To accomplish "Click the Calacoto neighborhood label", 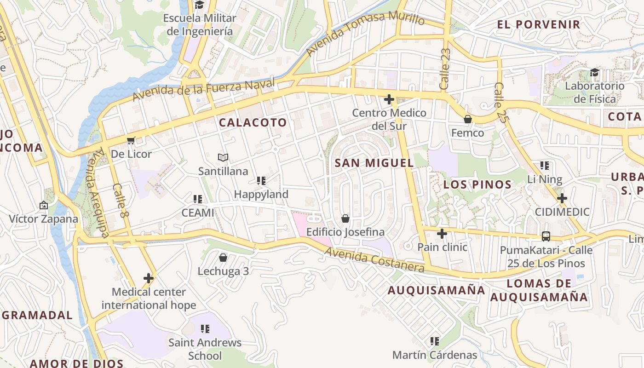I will (x=253, y=122).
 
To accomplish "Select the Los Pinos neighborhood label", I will (x=477, y=184).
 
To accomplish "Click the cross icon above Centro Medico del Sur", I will (x=389, y=99).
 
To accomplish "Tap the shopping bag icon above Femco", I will (x=468, y=119).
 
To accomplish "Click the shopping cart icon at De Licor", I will (x=131, y=140).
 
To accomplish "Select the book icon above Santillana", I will (x=223, y=157).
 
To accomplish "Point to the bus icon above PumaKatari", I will (x=546, y=236).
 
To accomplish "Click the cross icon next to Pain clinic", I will (x=442, y=234).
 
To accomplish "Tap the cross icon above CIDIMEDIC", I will (x=562, y=198).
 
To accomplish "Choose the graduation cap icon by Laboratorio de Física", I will (x=595, y=72).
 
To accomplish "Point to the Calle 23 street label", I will (x=445, y=69).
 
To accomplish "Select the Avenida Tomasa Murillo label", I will (x=365, y=33).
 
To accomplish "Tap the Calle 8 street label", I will (x=119, y=201).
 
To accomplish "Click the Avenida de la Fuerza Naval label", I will (x=204, y=89).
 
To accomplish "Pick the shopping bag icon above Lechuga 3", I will (x=223, y=258).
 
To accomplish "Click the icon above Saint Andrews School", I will (x=205, y=329).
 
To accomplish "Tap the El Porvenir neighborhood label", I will (x=538, y=24).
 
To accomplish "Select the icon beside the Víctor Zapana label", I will (x=44, y=205).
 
